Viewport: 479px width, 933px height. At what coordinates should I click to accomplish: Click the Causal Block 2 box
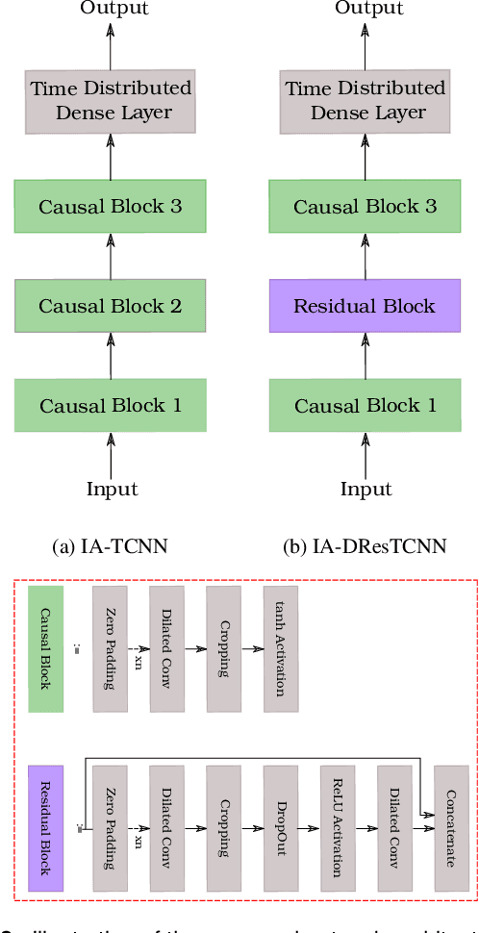[110, 307]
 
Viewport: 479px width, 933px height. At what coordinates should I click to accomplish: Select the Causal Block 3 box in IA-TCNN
[110, 207]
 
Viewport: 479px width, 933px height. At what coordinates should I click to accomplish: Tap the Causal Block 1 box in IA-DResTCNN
[365, 406]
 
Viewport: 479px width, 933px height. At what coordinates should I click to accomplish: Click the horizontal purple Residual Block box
[365, 307]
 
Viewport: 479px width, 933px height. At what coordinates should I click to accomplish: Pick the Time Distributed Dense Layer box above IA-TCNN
[111, 101]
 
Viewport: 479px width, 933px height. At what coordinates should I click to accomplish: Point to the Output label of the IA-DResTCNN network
[368, 9]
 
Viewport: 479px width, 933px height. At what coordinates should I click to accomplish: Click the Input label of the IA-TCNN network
[113, 489]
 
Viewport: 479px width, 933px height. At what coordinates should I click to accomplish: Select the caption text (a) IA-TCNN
[110, 547]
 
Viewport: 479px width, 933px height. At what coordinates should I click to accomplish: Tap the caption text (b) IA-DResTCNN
[366, 547]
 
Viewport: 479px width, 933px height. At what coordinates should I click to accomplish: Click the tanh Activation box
[281, 648]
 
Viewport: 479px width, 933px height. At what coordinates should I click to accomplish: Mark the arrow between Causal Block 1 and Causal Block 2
[111, 355]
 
